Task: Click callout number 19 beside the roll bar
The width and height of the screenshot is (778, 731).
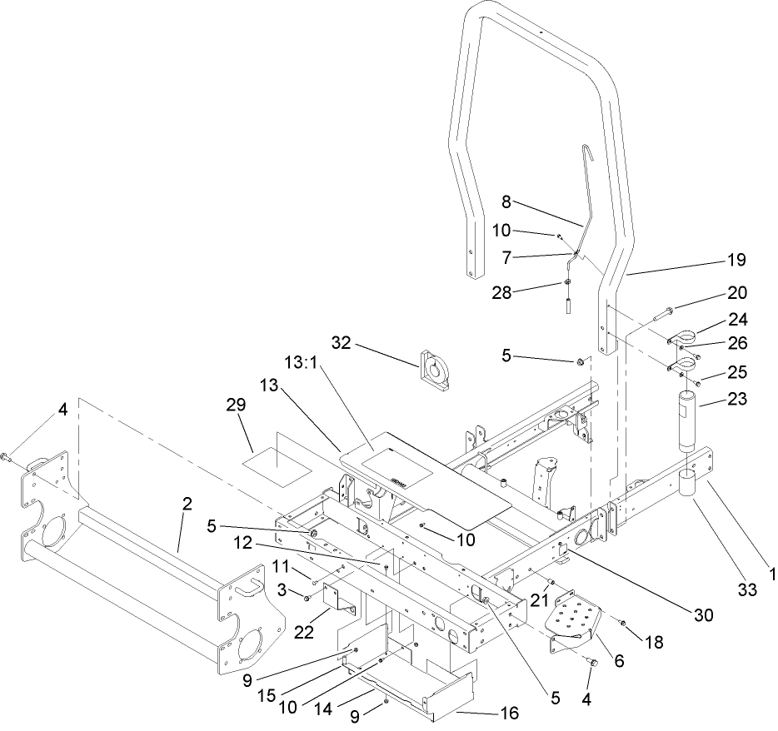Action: click(x=735, y=261)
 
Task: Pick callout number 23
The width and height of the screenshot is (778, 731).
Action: click(x=735, y=399)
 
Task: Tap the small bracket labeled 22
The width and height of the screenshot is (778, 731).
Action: click(x=340, y=597)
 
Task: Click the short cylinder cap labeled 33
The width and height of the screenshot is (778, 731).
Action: click(x=688, y=484)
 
